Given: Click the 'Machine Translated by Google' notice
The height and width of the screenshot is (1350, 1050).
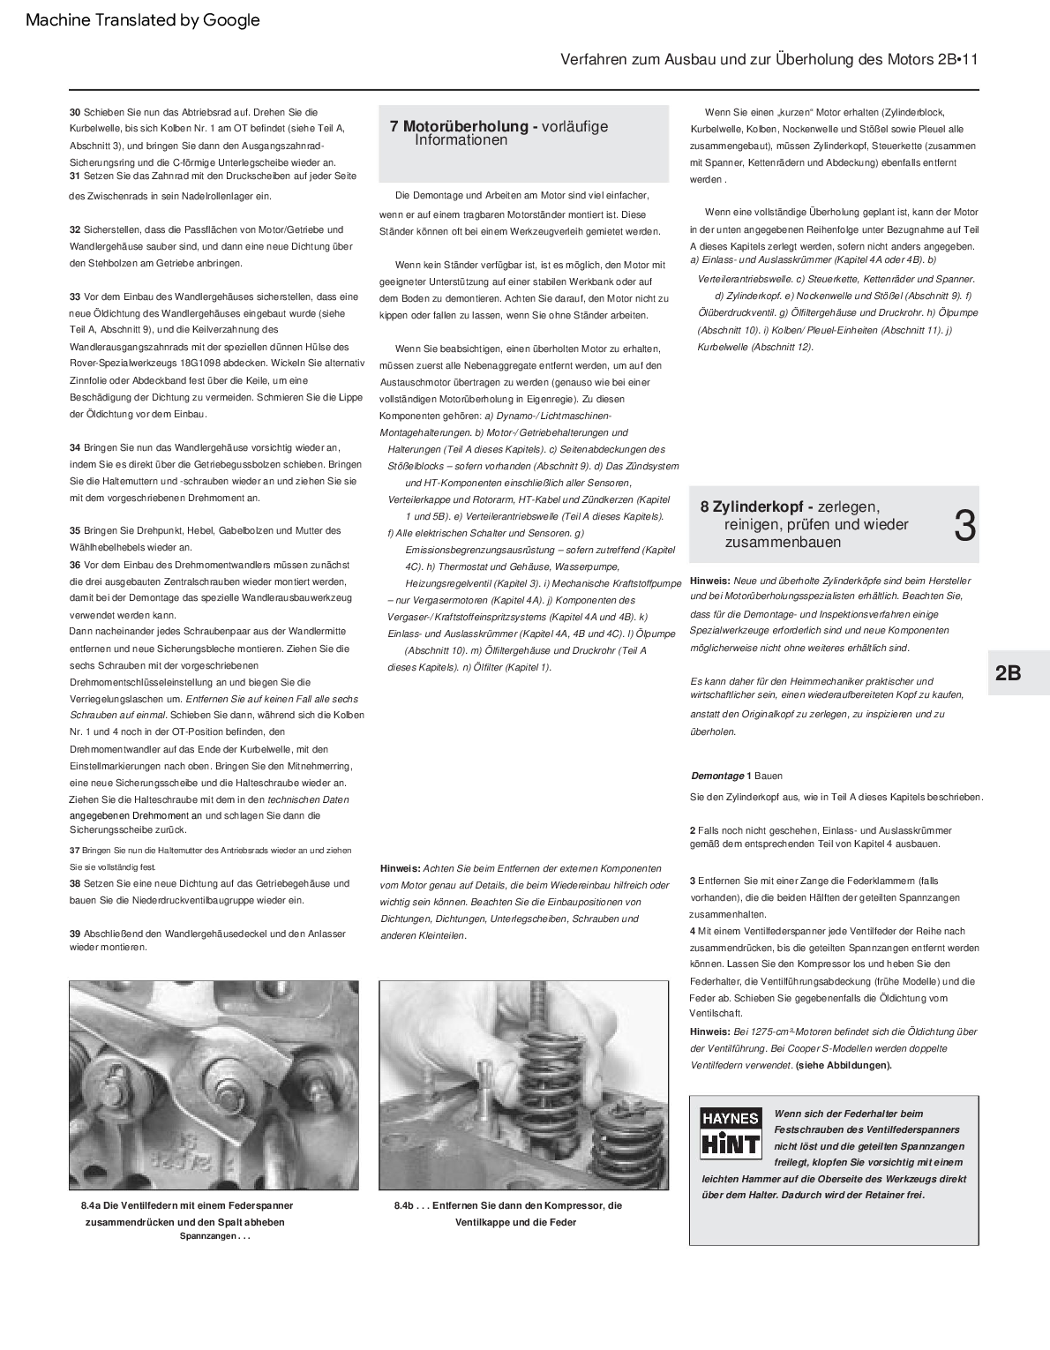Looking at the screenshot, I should (x=143, y=20).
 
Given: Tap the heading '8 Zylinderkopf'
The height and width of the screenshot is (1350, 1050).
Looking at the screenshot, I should (x=757, y=506).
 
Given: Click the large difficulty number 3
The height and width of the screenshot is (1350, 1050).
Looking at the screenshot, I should (x=965, y=526).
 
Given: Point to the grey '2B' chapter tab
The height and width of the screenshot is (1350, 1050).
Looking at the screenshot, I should (x=1009, y=672).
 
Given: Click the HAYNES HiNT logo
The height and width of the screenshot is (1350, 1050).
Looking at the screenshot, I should (x=730, y=1132).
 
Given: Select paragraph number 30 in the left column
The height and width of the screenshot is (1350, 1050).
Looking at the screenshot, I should (x=75, y=112).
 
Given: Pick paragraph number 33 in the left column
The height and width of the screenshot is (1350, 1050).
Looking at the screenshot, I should (x=75, y=296).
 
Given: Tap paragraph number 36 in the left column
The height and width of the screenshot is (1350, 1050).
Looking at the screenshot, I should (x=75, y=565).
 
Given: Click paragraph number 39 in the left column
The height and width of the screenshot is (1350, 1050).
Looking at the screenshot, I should (x=75, y=934).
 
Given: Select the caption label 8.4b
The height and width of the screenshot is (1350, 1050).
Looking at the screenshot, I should (x=405, y=1205).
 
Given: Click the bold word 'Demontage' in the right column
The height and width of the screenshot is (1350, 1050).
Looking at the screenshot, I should (x=716, y=776).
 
